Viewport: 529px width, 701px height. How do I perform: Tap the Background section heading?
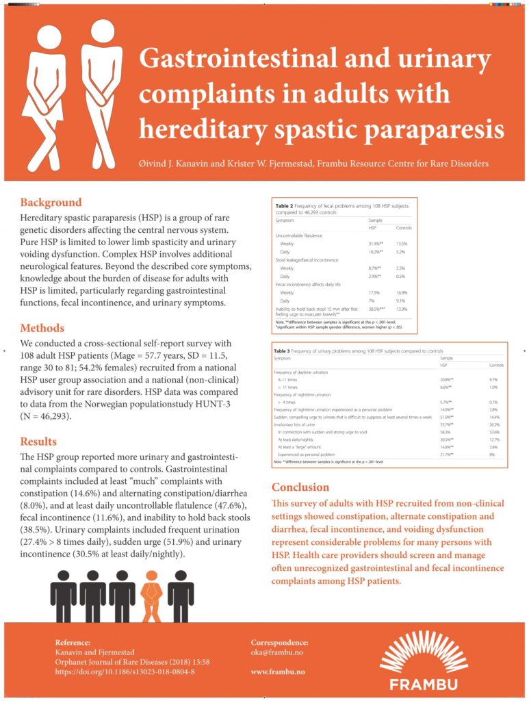(51, 203)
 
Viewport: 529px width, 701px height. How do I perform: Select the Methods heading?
(42, 328)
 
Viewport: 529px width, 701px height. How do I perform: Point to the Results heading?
(38, 442)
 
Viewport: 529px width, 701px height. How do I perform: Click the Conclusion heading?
(300, 487)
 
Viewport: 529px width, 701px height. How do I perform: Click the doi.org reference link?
(125, 672)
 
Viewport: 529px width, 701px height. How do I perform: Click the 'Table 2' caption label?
(285, 205)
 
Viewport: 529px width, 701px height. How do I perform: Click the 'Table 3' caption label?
(284, 350)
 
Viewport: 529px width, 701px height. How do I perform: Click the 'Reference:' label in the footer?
(72, 642)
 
